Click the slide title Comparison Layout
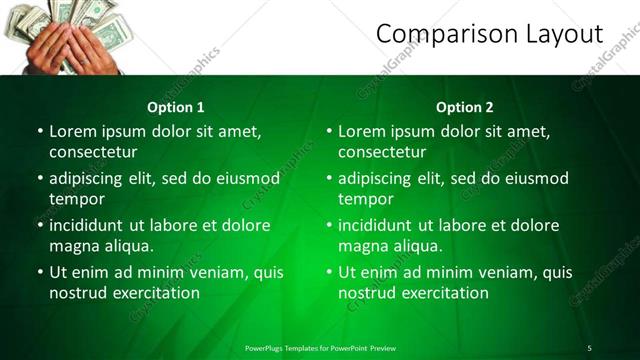[x=490, y=34]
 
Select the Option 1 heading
[x=176, y=107]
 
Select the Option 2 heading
[x=465, y=107]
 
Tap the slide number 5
[x=589, y=348]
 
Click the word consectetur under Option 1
[x=93, y=152]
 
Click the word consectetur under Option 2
[x=382, y=152]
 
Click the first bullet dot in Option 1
[x=40, y=131]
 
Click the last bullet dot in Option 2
[x=329, y=272]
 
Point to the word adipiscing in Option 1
[x=90, y=179]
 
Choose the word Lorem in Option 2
[x=361, y=131]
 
